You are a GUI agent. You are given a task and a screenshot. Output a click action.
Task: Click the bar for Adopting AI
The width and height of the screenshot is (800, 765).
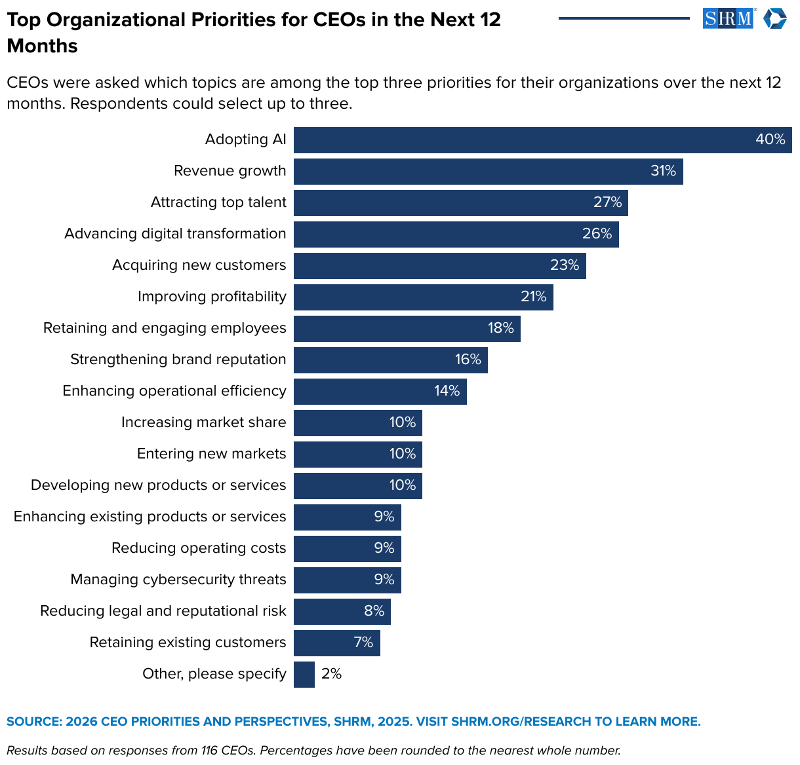pos(525,140)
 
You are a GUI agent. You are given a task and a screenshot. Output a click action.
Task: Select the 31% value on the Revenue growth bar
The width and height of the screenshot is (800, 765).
pos(663,171)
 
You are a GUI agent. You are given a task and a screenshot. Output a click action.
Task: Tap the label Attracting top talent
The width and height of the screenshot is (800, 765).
pos(218,202)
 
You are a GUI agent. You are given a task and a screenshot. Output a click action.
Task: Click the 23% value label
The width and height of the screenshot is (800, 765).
pos(565,265)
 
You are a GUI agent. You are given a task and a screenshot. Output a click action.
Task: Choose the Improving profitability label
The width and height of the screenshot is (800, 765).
pos(212,297)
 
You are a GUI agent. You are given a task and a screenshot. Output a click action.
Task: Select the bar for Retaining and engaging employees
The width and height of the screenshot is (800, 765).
pos(393,329)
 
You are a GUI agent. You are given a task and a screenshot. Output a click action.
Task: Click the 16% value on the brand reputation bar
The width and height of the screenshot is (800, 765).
pos(468,360)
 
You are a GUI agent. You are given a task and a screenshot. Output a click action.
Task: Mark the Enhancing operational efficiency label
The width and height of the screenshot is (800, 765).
pos(174,391)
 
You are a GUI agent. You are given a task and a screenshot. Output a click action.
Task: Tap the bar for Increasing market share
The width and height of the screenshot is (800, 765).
pos(348,423)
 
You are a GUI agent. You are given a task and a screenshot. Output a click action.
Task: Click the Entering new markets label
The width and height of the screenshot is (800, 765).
pos(211,454)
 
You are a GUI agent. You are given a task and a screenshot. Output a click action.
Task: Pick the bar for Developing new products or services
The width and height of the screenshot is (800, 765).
pos(348,486)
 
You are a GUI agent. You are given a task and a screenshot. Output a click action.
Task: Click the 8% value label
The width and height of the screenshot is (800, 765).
pos(374,611)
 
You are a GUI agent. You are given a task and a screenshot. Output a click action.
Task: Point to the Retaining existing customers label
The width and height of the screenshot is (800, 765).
pos(188,643)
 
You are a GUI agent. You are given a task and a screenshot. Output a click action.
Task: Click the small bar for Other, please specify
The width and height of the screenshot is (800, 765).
pos(304,675)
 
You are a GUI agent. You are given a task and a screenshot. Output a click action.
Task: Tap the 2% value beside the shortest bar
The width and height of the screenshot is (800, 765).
pos(332,674)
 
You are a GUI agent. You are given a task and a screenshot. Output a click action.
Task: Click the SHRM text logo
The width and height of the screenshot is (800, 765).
pos(728,18)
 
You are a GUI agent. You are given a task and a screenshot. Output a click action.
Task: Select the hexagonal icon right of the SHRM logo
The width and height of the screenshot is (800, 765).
pos(774,18)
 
